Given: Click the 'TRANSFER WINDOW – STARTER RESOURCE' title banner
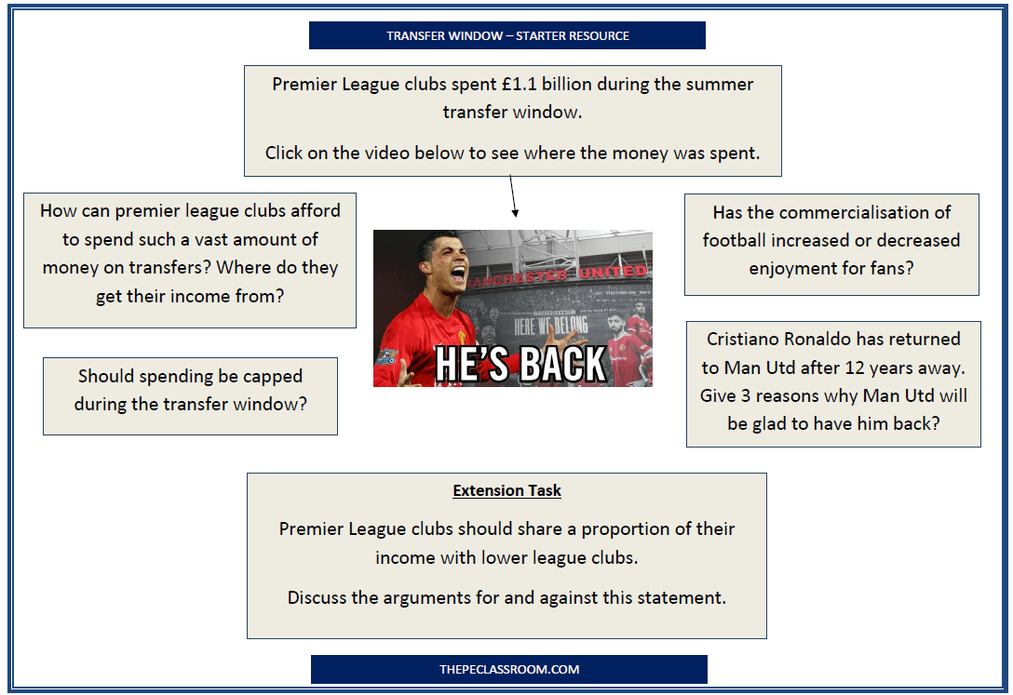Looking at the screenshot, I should [x=507, y=35].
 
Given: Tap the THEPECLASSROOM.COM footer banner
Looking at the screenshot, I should [x=508, y=669].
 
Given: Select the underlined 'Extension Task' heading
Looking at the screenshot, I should [x=507, y=490].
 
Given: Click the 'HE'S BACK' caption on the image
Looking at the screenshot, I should [x=521, y=364].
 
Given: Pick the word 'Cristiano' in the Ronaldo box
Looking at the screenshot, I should [x=745, y=340].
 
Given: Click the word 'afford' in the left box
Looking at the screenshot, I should [x=314, y=211].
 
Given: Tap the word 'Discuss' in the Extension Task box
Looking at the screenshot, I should [x=317, y=597].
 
